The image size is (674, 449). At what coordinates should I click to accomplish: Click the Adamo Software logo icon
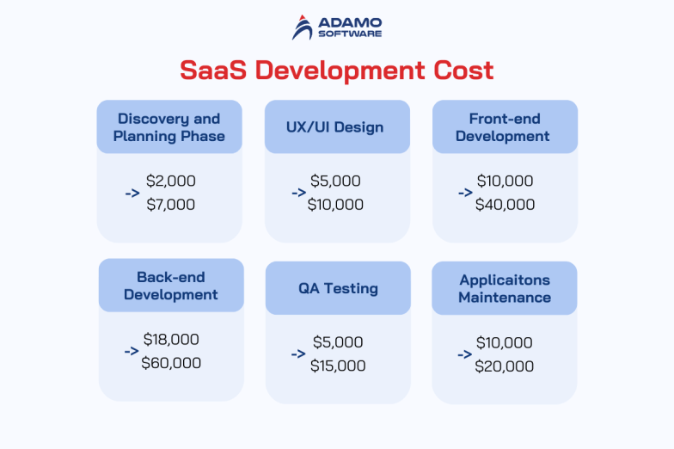coord(303,28)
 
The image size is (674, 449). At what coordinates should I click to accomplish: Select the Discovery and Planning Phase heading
coord(169,127)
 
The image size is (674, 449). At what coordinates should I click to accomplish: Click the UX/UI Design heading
coord(335,127)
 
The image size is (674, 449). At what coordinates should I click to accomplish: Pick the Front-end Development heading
coord(503,127)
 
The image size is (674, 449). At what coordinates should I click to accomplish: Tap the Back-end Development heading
coord(171,286)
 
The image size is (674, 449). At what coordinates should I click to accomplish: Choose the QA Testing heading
coord(338,288)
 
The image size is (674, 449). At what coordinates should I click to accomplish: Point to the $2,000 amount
coord(170,181)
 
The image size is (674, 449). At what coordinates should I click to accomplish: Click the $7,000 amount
coord(170,205)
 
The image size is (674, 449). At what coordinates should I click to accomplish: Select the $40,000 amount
coord(505,205)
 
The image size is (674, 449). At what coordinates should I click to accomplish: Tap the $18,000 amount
coord(171,339)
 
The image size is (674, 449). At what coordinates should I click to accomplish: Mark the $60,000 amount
coord(171,363)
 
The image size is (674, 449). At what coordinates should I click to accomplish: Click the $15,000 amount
coord(338,366)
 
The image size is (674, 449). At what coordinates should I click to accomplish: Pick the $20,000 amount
coord(505,366)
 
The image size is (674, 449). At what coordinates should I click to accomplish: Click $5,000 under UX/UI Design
coord(336,181)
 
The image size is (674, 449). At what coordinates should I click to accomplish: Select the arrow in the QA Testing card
coord(298,354)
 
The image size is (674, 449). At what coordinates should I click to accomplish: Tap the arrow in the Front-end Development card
coord(465,193)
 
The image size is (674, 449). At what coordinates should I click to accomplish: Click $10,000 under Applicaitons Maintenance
coord(505,342)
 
